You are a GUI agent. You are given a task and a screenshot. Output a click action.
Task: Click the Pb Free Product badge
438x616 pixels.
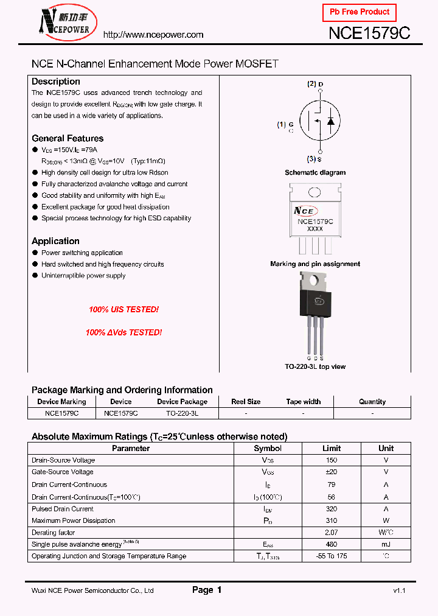click(x=359, y=12)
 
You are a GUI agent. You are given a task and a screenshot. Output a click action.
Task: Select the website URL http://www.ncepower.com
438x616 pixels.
click(x=153, y=35)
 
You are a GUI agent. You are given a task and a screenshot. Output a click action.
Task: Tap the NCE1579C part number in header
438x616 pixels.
click(x=369, y=33)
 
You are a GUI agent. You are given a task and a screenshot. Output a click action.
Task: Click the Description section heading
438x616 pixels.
click(x=55, y=82)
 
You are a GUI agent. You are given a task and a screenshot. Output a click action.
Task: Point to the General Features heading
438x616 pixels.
click(x=68, y=138)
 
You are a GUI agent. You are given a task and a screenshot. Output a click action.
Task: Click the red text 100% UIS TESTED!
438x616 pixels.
click(x=123, y=310)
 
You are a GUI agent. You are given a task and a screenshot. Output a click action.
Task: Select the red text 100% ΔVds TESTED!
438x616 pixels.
click(x=123, y=333)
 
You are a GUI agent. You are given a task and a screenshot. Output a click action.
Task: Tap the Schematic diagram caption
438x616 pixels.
click(x=315, y=173)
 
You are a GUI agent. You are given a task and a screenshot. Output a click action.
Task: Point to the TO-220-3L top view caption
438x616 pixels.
click(x=315, y=366)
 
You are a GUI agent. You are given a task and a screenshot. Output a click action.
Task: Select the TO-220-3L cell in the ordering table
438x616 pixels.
click(x=182, y=413)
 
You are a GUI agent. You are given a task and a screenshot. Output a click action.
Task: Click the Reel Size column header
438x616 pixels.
click(x=246, y=402)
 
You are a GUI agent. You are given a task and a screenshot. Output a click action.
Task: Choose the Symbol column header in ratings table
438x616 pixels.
click(x=268, y=449)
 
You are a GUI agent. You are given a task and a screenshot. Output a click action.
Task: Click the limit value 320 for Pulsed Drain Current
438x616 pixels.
click(x=332, y=509)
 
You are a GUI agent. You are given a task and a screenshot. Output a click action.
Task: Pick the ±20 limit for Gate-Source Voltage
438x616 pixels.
click(x=332, y=472)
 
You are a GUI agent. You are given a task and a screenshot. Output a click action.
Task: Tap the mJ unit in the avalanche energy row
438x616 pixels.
click(x=386, y=544)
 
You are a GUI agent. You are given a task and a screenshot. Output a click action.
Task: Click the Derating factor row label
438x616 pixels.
click(x=54, y=533)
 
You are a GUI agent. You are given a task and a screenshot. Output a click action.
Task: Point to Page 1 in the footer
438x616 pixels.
click(x=207, y=590)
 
